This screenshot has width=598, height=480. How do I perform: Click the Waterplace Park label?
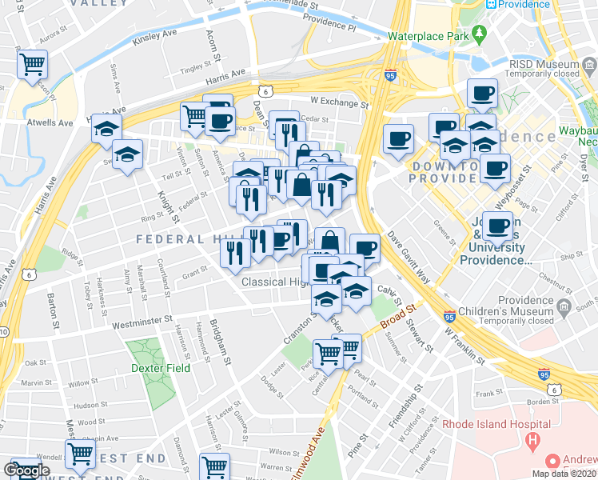click(426, 36)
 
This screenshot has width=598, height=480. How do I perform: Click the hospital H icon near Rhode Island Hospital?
click(530, 440)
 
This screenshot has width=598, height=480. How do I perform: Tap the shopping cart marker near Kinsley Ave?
click(32, 64)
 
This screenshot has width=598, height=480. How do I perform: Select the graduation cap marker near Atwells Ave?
click(106, 128)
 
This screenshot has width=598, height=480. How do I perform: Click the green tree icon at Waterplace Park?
click(479, 34)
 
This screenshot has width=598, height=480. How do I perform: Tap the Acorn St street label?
click(213, 48)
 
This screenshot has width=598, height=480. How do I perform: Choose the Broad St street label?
click(399, 316)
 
